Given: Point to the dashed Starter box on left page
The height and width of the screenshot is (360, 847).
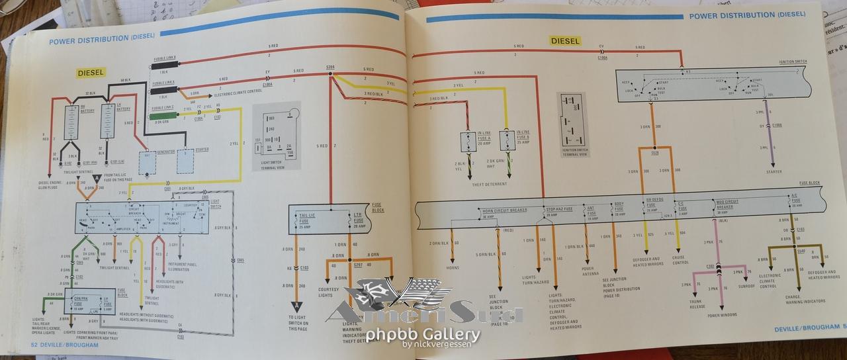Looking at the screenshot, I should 185,159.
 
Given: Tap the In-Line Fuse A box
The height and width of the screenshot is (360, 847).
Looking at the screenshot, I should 470,141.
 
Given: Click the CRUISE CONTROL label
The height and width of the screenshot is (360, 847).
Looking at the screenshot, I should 680,260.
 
